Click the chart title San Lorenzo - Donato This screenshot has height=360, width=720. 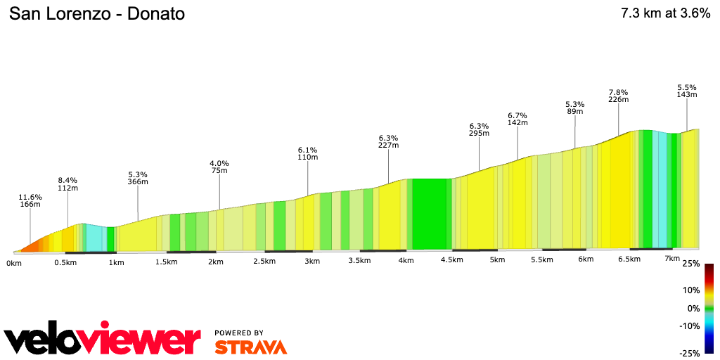coord(97,14)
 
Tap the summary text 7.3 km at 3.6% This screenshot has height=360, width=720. coord(665,14)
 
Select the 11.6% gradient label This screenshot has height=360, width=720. coord(30,197)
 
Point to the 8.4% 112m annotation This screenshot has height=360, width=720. coord(67,184)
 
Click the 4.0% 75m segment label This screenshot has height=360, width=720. coord(219,167)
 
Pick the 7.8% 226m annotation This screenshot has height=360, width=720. coord(618,96)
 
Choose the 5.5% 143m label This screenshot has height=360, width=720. coord(687,91)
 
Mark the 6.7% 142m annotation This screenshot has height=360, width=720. coord(517,119)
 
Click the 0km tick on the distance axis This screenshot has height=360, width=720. coord(13,263)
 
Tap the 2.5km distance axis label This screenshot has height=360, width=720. coord(264,261)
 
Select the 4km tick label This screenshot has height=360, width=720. coord(406,260)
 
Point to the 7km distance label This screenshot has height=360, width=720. coord(672,259)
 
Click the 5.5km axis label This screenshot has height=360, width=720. coord(542,259)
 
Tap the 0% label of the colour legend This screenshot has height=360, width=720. coord(693,309)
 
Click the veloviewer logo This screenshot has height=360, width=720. coord(103,340)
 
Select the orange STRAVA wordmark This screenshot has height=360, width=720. coord(250,347)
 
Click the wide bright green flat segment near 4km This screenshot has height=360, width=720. coord(430,214)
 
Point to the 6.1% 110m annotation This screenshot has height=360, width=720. coord(308,154)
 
